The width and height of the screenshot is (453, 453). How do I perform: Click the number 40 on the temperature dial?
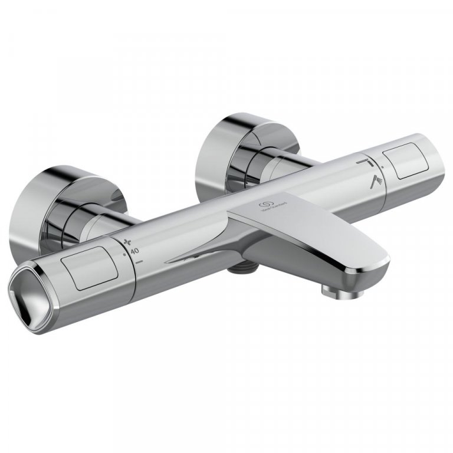135,251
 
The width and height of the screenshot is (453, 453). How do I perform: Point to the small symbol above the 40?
128,241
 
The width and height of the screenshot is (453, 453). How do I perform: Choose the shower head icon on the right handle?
376,182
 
